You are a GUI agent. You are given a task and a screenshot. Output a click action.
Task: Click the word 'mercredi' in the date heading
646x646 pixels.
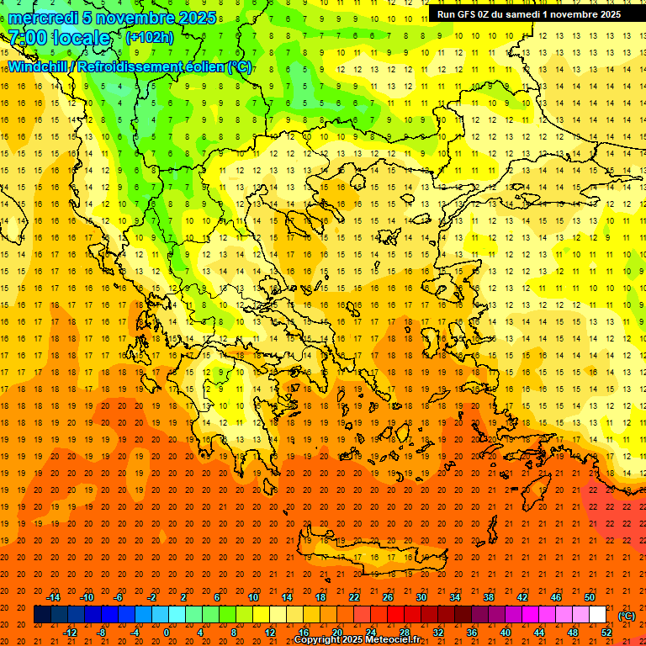pyautogui.click(x=42, y=18)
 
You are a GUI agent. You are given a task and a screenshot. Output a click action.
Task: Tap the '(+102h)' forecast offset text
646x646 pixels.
pyautogui.click(x=150, y=37)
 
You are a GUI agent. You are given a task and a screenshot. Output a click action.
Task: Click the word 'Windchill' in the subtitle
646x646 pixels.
pyautogui.click(x=38, y=66)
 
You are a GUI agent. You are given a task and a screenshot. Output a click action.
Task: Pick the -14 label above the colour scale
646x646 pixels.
pyautogui.click(x=53, y=597)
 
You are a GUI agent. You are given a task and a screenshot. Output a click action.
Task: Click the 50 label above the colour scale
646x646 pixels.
pyautogui.click(x=590, y=597)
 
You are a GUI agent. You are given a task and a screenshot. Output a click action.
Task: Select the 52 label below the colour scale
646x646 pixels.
pyautogui.click(x=606, y=633)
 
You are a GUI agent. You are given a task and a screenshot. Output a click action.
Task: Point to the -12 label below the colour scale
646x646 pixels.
pyautogui.click(x=70, y=633)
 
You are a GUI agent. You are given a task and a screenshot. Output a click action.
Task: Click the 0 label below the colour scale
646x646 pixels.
pyautogui.click(x=167, y=633)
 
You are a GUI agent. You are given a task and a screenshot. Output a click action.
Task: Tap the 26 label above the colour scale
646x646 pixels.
pyautogui.click(x=388, y=597)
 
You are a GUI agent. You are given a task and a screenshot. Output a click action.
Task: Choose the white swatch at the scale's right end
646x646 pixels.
pyautogui.click(x=598, y=615)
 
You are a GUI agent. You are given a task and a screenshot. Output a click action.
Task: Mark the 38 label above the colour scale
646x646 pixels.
pyautogui.click(x=489, y=597)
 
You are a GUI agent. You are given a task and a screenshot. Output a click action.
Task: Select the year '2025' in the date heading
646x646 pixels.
pyautogui.click(x=197, y=18)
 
